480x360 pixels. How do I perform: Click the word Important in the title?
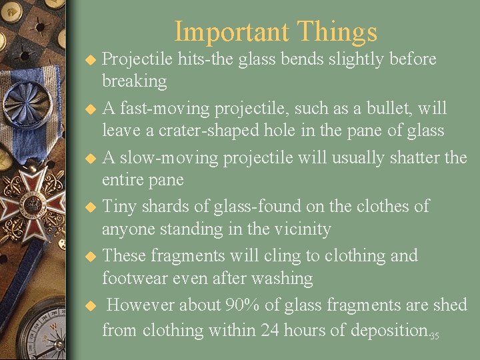[231, 32]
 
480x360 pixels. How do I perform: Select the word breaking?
[134, 81]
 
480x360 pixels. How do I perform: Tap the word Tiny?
[121, 206]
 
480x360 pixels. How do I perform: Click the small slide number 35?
[434, 335]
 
